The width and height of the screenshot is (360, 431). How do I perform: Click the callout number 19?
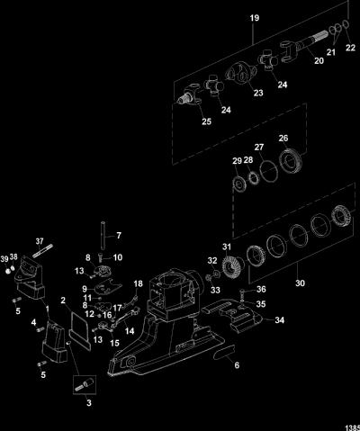point(255,18)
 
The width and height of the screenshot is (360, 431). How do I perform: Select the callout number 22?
point(350,48)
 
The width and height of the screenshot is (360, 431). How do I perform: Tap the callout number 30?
point(300,283)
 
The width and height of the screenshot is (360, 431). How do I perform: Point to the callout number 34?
point(280,320)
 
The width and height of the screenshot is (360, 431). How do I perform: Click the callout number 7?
point(119,236)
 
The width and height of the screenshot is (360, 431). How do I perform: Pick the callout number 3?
point(89,402)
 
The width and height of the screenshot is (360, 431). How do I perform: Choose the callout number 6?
point(237,365)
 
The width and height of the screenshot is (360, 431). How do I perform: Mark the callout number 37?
point(40,241)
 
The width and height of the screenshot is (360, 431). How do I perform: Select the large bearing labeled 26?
point(291,162)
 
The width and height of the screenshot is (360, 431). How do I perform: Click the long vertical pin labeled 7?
point(103,236)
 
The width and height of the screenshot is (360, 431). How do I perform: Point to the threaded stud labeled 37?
point(42,251)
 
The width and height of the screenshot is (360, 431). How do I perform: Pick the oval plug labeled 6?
point(224,352)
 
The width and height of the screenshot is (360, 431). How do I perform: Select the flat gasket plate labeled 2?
point(79,322)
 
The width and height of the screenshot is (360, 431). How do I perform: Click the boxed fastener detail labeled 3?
point(85,385)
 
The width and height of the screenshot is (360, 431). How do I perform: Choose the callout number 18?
point(139,283)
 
